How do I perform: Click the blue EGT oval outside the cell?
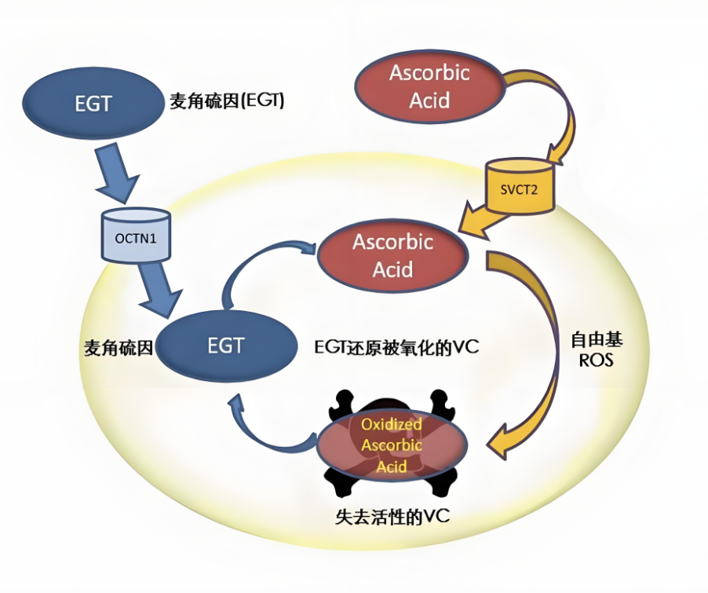93,104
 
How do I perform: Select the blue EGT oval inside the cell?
227,346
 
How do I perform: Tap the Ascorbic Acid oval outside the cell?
429,86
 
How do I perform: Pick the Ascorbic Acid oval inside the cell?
392,256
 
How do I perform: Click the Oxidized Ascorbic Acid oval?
392,445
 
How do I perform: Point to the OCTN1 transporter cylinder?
136,235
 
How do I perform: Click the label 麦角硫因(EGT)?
227,101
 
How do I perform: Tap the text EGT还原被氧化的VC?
396,347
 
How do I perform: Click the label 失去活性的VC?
392,516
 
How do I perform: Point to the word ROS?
596,361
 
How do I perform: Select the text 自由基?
597,339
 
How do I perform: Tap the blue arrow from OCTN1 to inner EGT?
159,290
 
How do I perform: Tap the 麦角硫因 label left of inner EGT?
119,348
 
